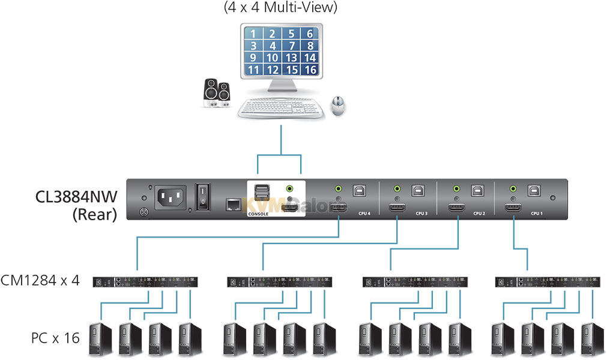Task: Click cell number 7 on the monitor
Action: click(291, 46)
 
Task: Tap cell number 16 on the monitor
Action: click(310, 70)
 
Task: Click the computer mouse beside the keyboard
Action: click(340, 106)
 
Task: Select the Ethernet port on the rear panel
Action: click(233, 205)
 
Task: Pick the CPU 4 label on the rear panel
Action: click(364, 213)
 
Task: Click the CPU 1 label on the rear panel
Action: click(536, 213)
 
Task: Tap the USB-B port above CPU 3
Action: click(418, 190)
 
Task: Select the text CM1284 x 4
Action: click(40, 280)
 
